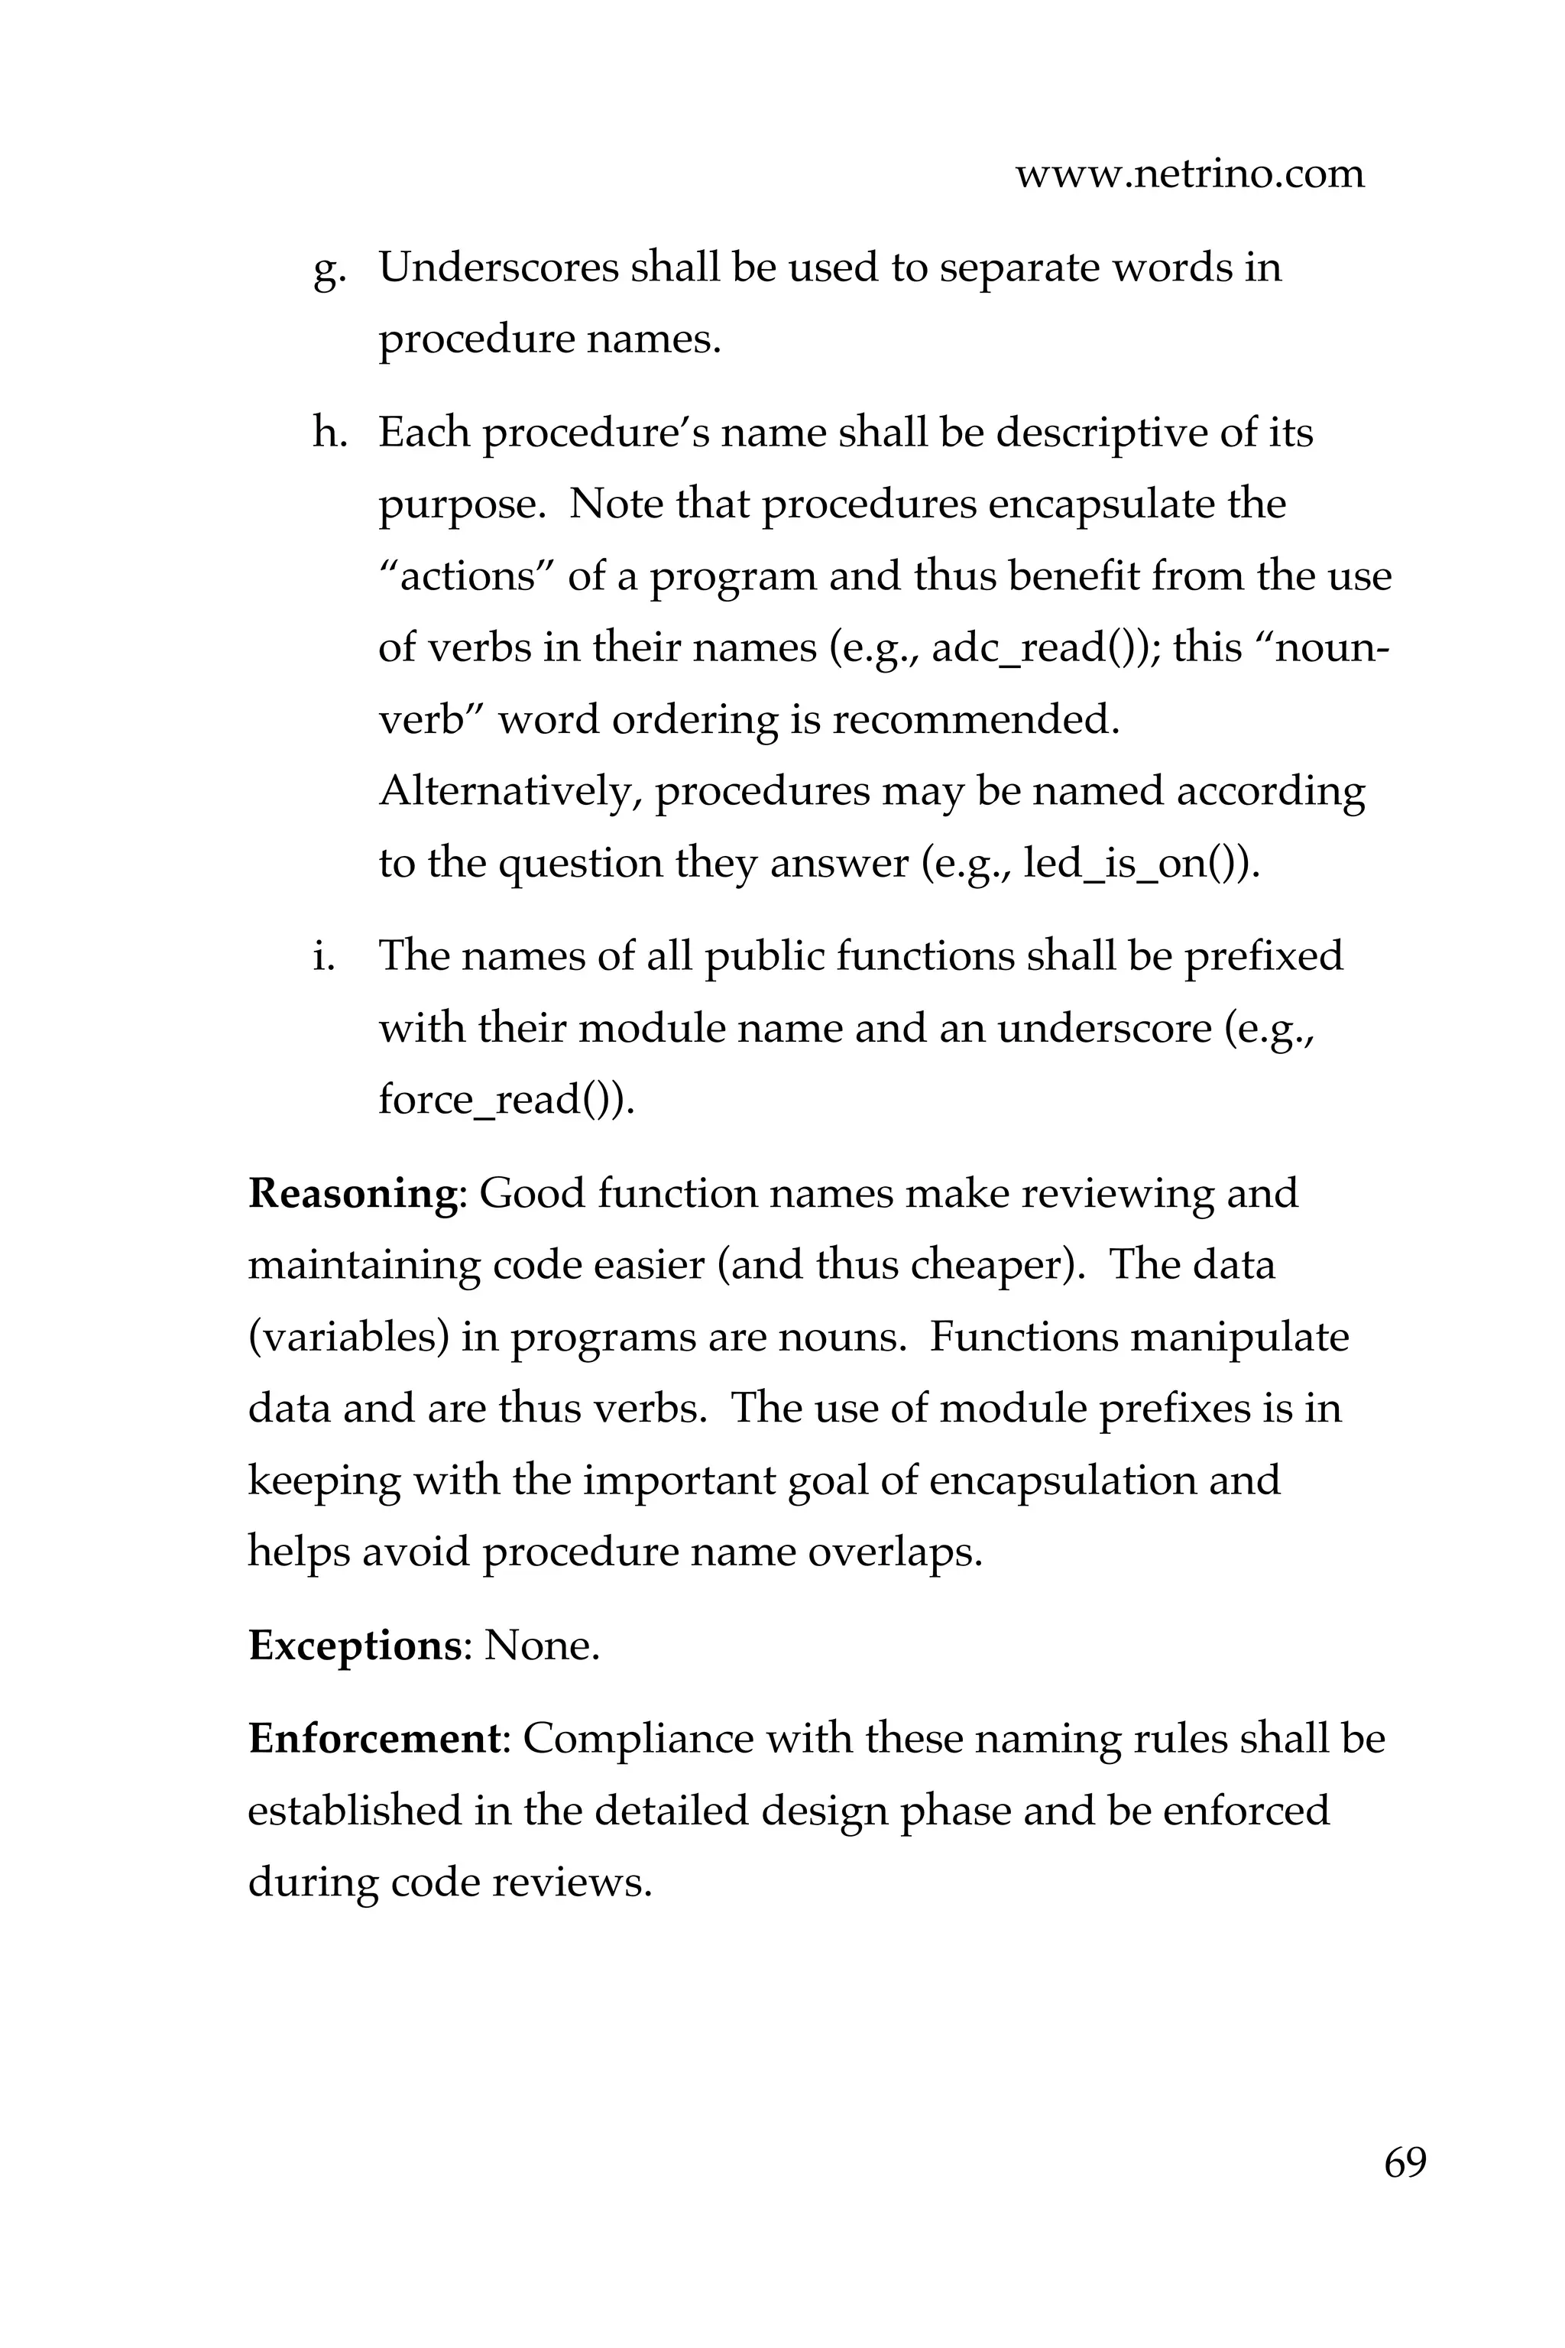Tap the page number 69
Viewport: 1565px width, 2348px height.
point(1405,2163)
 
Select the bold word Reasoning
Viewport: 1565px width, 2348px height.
point(352,1194)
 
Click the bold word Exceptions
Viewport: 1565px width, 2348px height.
point(355,1646)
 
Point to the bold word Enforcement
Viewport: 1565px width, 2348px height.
point(372,1739)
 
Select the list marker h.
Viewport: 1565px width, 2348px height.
point(327,433)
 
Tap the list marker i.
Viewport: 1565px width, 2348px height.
point(322,955)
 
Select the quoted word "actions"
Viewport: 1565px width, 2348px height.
point(467,577)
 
